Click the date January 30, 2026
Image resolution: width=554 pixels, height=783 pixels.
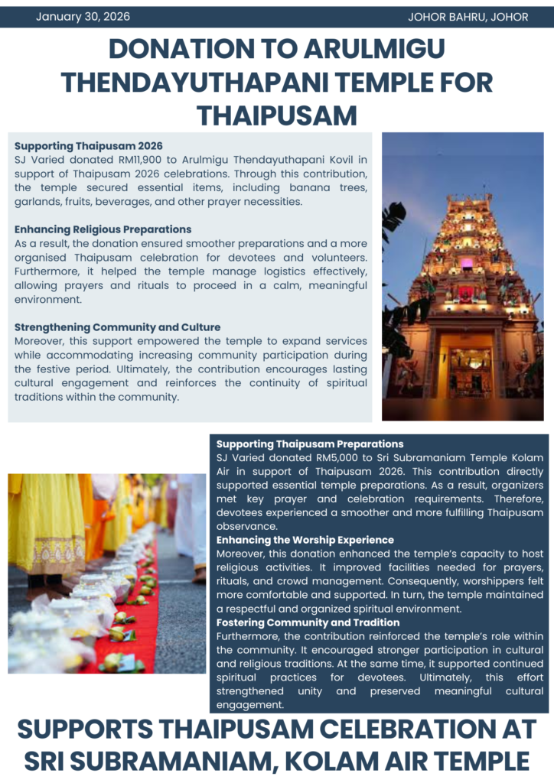pyautogui.click(x=83, y=17)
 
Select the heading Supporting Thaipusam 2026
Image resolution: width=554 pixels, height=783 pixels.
pyautogui.click(x=89, y=146)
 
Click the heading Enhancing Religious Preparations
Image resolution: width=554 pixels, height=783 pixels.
pyautogui.click(x=103, y=229)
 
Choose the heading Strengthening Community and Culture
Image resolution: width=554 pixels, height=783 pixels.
pyautogui.click(x=117, y=327)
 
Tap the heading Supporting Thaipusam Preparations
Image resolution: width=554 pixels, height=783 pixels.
pyautogui.click(x=310, y=443)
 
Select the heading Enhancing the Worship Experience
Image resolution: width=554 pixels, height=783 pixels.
pyautogui.click(x=305, y=540)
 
